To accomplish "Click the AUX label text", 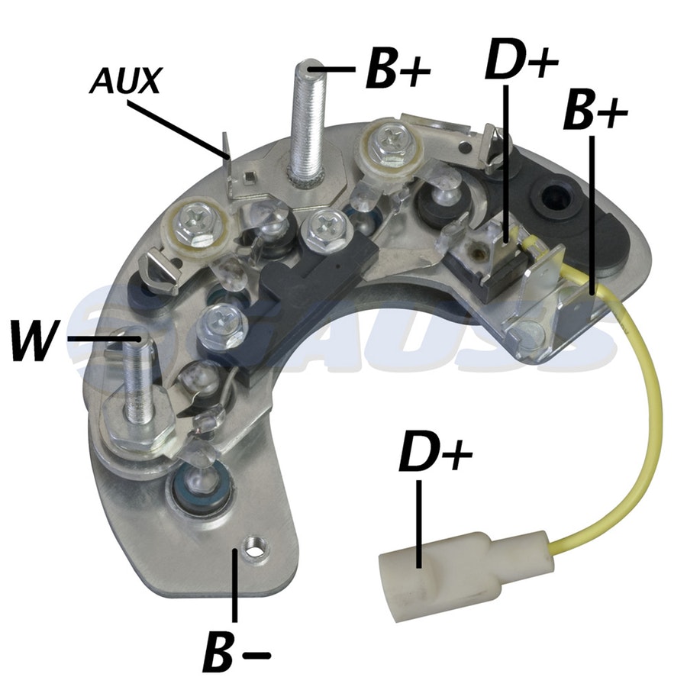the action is (x=125, y=81).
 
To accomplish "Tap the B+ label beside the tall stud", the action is (x=398, y=69).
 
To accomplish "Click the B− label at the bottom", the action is (x=237, y=654).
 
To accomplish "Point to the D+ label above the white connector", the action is (x=436, y=451).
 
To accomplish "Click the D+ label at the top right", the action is (x=521, y=59).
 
